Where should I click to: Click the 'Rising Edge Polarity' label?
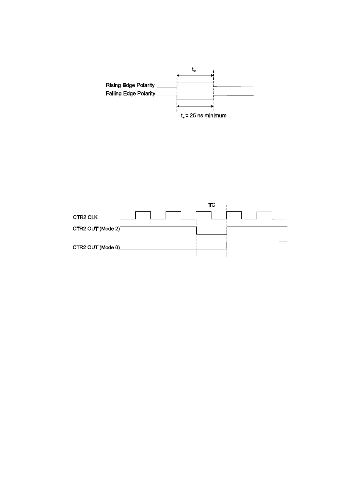pyautogui.click(x=130, y=86)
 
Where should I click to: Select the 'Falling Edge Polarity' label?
pyautogui.click(x=130, y=94)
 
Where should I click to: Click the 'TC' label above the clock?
pyautogui.click(x=211, y=205)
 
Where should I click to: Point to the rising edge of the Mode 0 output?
pyautogui.click(x=227, y=245)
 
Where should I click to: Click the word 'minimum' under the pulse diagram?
pyautogui.click(x=216, y=116)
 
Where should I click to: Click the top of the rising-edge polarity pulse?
pyautogui.click(x=195, y=82)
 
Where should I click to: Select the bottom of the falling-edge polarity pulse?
pyautogui.click(x=195, y=100)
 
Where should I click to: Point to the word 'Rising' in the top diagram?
pyautogui.click(x=114, y=86)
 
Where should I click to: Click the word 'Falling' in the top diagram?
pyautogui.click(x=114, y=94)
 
